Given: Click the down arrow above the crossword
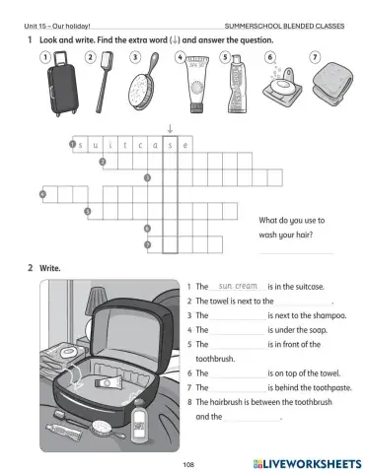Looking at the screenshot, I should [x=170, y=129].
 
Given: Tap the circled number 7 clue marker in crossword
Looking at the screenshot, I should [x=147, y=243].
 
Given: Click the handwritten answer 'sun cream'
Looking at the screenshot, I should [x=237, y=286].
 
